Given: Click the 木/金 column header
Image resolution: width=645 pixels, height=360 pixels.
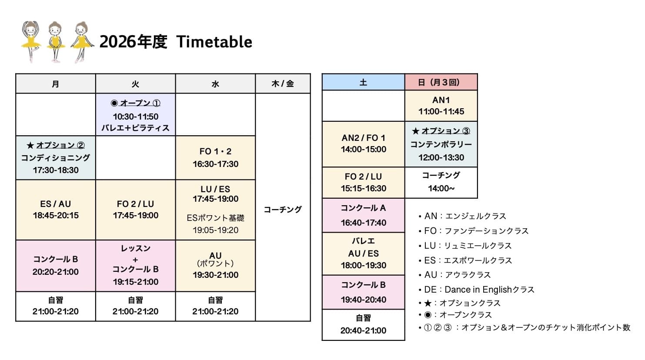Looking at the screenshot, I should click(283, 83).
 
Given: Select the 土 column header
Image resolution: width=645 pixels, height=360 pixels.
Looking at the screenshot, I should click(363, 82).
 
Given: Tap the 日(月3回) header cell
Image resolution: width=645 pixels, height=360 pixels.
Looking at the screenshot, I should click(441, 82).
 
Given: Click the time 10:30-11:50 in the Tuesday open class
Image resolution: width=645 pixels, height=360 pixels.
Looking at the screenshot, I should click(135, 117).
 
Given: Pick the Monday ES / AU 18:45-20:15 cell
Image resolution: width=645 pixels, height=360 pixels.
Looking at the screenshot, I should click(56, 210).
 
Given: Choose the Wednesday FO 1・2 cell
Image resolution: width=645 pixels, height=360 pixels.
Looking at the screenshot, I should click(215, 157).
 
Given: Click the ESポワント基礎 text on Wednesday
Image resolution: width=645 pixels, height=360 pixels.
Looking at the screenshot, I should click(215, 218).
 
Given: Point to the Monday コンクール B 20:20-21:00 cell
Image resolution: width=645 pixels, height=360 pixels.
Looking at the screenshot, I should click(56, 265).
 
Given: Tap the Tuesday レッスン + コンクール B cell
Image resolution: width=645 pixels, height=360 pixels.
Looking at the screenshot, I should click(135, 265).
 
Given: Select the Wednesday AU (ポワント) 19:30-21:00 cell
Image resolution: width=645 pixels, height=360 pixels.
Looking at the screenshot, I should click(215, 265).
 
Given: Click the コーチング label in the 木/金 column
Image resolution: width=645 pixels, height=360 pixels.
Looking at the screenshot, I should click(283, 210).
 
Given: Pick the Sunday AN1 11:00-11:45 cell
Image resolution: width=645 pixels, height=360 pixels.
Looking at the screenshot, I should click(441, 106).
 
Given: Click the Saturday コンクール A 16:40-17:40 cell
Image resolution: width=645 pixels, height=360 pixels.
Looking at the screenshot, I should click(363, 215).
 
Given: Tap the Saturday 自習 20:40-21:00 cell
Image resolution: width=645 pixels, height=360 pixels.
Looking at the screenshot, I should click(363, 324).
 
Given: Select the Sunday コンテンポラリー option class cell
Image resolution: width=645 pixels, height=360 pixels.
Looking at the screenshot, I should click(441, 144).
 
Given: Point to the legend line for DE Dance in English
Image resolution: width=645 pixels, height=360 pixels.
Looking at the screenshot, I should click(478, 290).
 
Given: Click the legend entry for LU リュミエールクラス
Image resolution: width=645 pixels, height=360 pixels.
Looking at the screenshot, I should click(468, 246).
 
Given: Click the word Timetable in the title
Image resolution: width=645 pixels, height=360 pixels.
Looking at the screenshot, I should click(214, 42).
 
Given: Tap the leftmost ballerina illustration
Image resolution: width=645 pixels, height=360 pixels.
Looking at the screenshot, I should click(31, 41).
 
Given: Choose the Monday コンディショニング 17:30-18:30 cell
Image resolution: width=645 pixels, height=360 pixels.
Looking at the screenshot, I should click(56, 158).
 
